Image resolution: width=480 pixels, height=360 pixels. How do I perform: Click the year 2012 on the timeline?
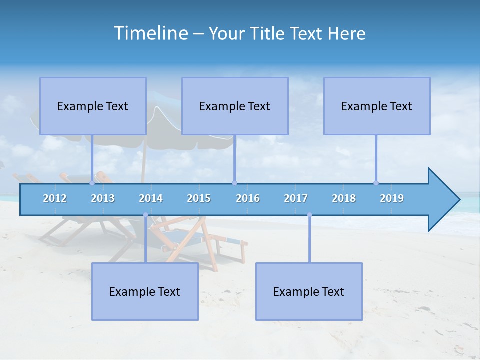pyautogui.click(x=55, y=198)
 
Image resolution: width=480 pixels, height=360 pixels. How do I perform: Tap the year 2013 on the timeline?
pyautogui.click(x=103, y=198)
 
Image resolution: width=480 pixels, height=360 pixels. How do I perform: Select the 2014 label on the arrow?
pyautogui.click(x=151, y=198)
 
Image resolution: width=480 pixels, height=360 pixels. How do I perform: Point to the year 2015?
pyautogui.click(x=199, y=198)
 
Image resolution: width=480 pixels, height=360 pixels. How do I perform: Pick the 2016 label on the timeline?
pyautogui.click(x=248, y=198)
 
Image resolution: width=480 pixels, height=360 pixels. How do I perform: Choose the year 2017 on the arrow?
pyautogui.click(x=296, y=198)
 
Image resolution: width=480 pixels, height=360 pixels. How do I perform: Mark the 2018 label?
pyautogui.click(x=344, y=198)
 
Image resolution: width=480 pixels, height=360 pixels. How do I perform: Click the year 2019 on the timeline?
pyautogui.click(x=392, y=198)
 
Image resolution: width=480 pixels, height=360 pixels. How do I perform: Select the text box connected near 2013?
pyautogui.click(x=93, y=106)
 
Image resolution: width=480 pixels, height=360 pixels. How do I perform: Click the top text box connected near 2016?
pyautogui.click(x=235, y=106)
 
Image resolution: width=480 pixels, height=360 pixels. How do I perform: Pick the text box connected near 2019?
pyautogui.click(x=377, y=106)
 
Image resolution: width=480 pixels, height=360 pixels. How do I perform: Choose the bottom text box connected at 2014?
pyautogui.click(x=145, y=291)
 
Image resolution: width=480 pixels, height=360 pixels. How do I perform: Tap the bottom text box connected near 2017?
pyautogui.click(x=309, y=291)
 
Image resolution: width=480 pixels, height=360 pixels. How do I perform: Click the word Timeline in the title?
pyautogui.click(x=150, y=33)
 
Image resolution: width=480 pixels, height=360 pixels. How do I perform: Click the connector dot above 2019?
pyautogui.click(x=376, y=183)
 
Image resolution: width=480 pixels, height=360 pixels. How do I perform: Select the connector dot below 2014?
pyautogui.click(x=145, y=215)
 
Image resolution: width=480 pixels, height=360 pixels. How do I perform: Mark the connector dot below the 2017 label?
pyautogui.click(x=309, y=215)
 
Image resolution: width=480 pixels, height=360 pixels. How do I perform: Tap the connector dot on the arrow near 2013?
pyautogui.click(x=92, y=183)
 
